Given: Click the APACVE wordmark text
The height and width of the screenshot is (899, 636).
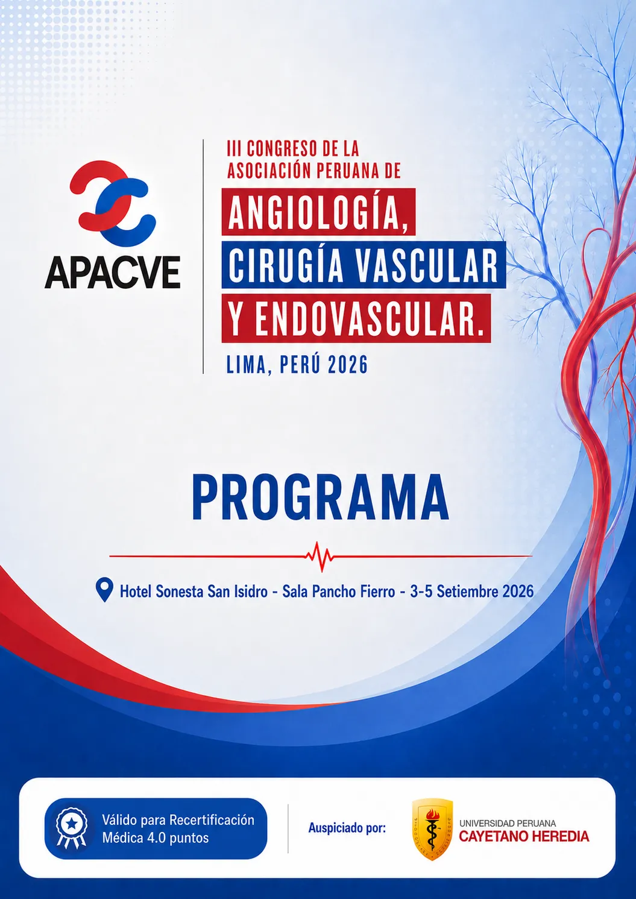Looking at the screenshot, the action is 112,273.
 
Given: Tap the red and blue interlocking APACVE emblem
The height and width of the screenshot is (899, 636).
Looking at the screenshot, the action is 112,203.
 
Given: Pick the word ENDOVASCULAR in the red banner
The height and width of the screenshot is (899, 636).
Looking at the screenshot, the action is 368,318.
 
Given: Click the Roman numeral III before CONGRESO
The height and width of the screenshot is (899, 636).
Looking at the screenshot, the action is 233,149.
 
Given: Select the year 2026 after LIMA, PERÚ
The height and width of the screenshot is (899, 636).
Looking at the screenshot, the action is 347,365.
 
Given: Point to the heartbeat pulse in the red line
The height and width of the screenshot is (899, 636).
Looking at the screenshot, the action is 320,557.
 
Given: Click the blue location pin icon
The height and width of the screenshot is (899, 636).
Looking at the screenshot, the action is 104,590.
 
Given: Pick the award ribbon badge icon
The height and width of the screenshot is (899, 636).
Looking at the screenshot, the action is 72,827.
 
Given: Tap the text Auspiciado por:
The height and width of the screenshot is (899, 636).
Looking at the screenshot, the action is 347,828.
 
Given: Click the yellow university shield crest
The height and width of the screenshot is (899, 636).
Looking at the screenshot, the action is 432,828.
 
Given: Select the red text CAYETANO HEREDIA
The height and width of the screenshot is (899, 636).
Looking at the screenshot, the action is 524,836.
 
